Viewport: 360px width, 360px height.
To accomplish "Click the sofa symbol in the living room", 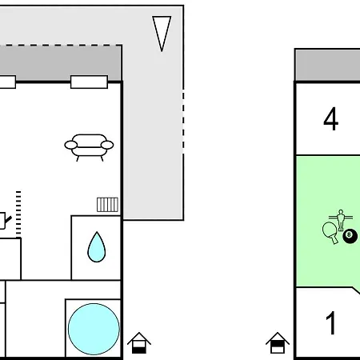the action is point(89,147).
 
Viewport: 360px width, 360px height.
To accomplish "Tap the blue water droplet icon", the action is point(97,247).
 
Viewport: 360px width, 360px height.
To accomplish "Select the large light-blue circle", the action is point(94,329).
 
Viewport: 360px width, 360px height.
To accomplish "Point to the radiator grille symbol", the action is point(107,205).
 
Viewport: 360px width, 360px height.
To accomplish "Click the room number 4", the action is point(331,118).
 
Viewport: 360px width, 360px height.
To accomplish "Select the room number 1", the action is point(331,323).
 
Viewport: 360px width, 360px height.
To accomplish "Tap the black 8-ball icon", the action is point(350,236).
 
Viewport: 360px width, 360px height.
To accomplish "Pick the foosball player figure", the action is point(341,220).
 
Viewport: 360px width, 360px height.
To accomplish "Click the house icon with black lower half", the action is point(139,343).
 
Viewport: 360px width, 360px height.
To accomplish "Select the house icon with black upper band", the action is point(278,343).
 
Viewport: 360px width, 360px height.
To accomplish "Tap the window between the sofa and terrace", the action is point(89,82).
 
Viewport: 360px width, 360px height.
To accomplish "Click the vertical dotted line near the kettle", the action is point(18,214).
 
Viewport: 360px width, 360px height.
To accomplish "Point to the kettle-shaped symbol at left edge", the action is point(5,220).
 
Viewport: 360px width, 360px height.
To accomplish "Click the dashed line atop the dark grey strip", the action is point(61,46).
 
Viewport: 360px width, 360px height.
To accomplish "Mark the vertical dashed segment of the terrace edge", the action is point(183,122).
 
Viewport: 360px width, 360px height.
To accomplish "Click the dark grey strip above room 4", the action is point(327,65).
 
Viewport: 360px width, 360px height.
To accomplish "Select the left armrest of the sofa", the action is point(71,145).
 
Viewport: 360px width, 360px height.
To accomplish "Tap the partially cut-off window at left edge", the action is point(8,82).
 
